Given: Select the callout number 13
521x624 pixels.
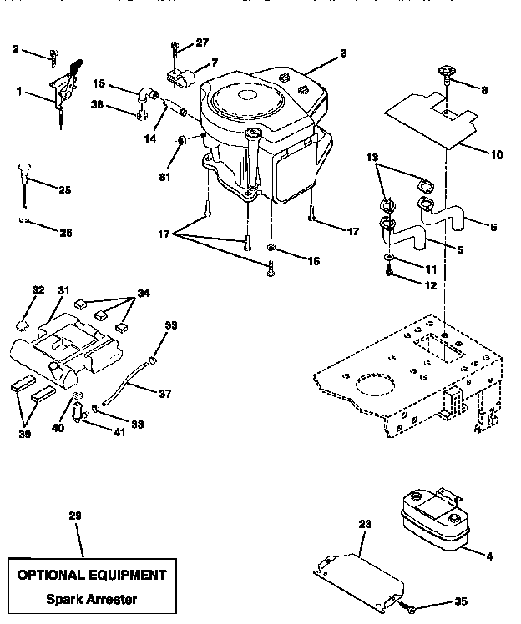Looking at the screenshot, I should click(x=372, y=156).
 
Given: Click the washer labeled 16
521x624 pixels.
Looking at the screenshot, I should click(x=273, y=249).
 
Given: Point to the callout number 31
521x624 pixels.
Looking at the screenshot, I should click(x=63, y=290).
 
